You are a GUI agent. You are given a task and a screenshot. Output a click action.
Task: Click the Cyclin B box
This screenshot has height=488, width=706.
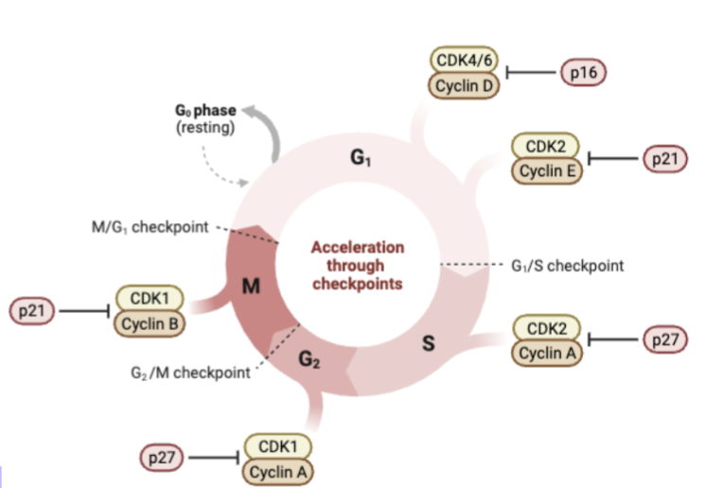[150, 324]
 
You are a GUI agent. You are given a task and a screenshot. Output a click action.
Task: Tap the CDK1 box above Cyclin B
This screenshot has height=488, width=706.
[150, 299]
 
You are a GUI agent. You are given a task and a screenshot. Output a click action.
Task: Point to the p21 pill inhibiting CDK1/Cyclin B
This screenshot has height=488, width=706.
[33, 311]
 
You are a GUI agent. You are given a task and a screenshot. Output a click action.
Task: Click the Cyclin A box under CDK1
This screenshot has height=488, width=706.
[278, 470]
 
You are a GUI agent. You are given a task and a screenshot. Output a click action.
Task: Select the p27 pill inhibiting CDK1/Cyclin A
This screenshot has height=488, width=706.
[162, 458]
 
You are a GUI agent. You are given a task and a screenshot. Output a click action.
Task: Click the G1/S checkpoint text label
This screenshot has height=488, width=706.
[568, 266]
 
